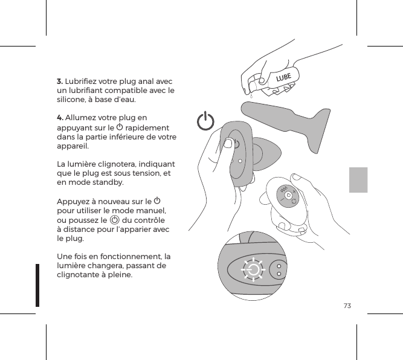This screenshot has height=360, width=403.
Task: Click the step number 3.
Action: coord(59,81)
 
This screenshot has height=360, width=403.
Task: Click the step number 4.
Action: coord(60,117)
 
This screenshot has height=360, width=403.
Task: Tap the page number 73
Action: coord(347,306)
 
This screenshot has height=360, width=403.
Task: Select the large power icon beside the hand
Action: coord(206,121)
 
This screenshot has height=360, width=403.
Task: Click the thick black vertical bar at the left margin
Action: coord(37,284)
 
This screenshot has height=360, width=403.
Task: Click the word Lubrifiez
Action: coord(83,81)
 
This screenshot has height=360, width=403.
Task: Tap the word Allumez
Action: coord(80,117)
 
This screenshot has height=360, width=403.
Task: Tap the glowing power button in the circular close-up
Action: coord(254,270)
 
